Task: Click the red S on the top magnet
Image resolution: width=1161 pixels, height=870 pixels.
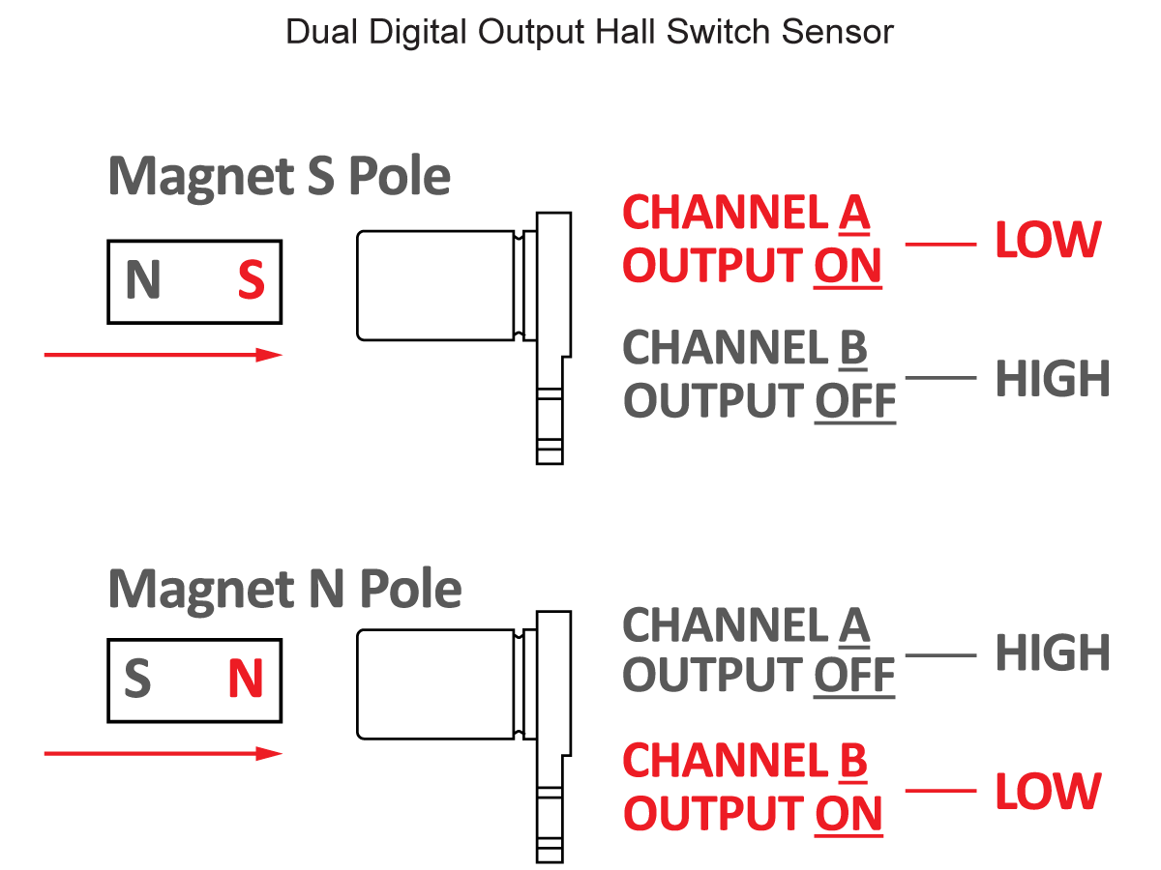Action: click(251, 281)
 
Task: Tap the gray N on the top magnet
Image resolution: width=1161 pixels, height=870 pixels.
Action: click(142, 281)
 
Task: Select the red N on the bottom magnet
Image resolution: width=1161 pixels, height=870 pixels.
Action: click(246, 680)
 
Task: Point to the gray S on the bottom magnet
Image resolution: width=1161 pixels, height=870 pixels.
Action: click(137, 680)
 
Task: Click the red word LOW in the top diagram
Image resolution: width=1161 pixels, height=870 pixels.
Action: click(1048, 242)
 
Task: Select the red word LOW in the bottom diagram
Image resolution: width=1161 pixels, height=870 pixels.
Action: click(1048, 792)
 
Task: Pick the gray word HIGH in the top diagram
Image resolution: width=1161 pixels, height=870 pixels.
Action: click(1053, 379)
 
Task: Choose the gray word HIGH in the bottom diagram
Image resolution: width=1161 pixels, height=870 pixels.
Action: click(1053, 653)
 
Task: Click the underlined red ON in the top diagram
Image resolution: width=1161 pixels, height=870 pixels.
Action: click(848, 266)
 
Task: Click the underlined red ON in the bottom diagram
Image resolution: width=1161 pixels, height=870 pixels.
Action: click(848, 813)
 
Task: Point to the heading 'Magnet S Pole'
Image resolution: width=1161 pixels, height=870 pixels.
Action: click(280, 177)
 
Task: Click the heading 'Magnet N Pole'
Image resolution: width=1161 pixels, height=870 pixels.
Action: click(284, 588)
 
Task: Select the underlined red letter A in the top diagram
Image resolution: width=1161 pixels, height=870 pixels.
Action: click(854, 214)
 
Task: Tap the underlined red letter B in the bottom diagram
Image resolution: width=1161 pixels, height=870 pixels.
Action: click(852, 762)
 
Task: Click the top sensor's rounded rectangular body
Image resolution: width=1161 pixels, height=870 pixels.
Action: click(435, 285)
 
